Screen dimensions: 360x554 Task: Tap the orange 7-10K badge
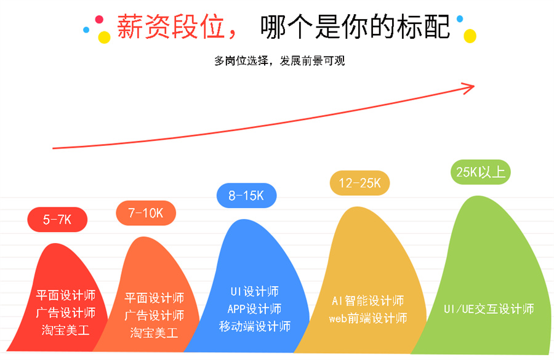(x=146, y=213)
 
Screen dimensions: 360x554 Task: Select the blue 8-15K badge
(x=246, y=196)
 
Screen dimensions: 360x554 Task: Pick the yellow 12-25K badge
(x=360, y=183)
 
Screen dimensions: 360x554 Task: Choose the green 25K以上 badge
(x=481, y=172)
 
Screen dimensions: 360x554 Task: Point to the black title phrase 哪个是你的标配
(x=355, y=26)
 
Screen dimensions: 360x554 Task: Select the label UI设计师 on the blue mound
(x=253, y=291)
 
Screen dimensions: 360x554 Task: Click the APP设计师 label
(x=254, y=308)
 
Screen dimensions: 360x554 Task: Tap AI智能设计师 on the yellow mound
(x=367, y=301)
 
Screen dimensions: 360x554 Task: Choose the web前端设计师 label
(x=367, y=319)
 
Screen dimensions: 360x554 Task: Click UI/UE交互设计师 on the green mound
(x=489, y=309)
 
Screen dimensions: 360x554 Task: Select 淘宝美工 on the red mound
(x=66, y=330)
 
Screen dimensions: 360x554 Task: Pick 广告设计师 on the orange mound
(x=154, y=316)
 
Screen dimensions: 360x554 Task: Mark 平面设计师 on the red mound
(x=66, y=295)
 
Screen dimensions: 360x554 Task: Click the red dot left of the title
(x=100, y=20)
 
